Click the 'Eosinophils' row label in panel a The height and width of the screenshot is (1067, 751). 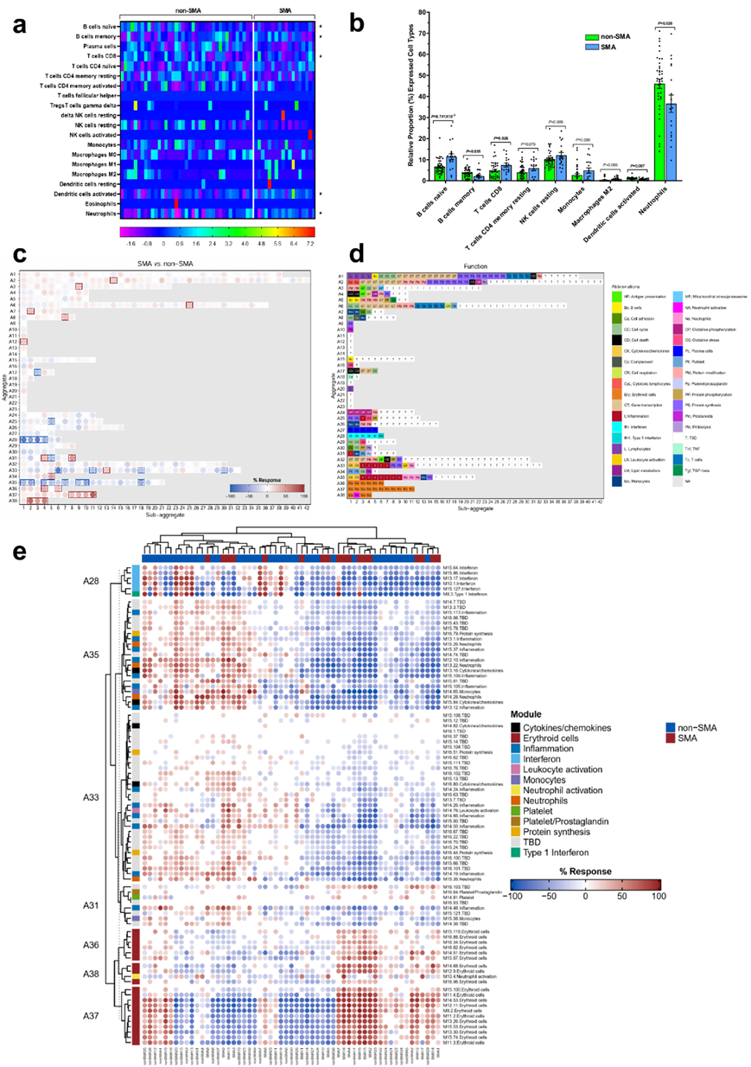point(90,201)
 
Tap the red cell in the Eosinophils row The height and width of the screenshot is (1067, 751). point(176,201)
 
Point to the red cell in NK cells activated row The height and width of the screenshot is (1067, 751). point(309,134)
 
